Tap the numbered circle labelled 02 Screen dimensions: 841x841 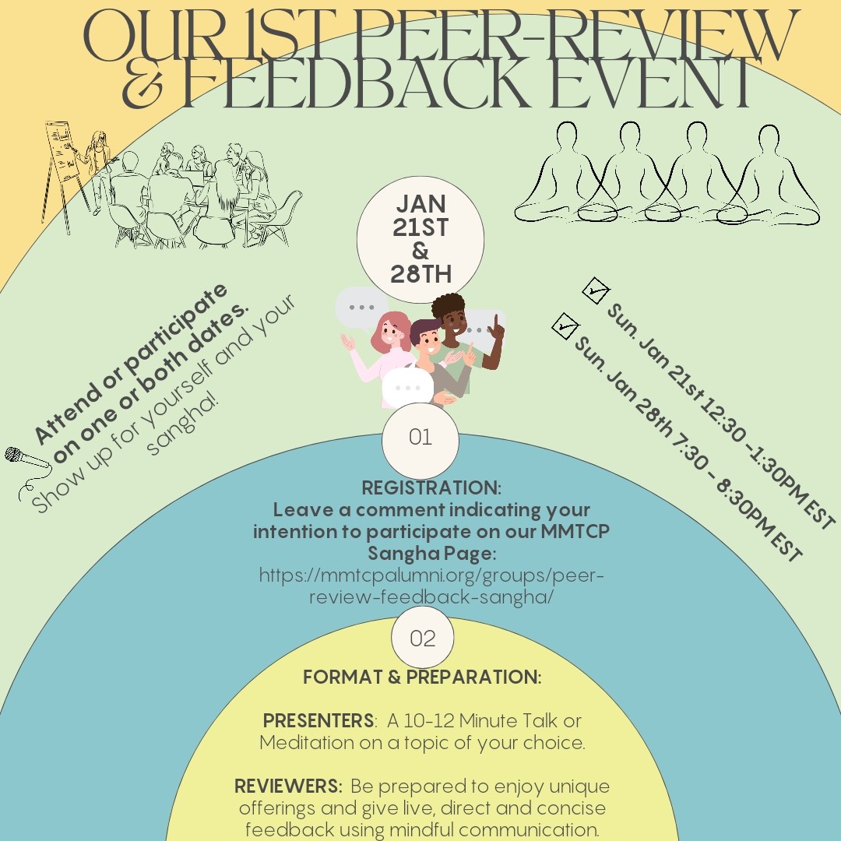[x=423, y=638]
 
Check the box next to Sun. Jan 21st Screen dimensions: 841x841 [x=596, y=290]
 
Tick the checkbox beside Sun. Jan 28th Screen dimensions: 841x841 [x=565, y=326]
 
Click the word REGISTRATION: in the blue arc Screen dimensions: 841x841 [x=431, y=488]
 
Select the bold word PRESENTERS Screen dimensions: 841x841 [x=318, y=720]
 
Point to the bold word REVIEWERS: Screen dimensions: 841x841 [x=289, y=786]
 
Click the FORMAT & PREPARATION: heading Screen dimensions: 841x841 [x=422, y=677]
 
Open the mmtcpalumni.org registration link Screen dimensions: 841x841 [x=431, y=586]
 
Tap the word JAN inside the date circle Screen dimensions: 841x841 [x=421, y=204]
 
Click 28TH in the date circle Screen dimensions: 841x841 [x=420, y=274]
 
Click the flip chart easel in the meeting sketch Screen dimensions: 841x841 [x=64, y=171]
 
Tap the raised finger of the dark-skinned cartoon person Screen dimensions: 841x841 [x=497, y=322]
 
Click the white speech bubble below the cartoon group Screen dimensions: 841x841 [x=407, y=387]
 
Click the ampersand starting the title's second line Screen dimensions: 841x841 [x=143, y=86]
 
